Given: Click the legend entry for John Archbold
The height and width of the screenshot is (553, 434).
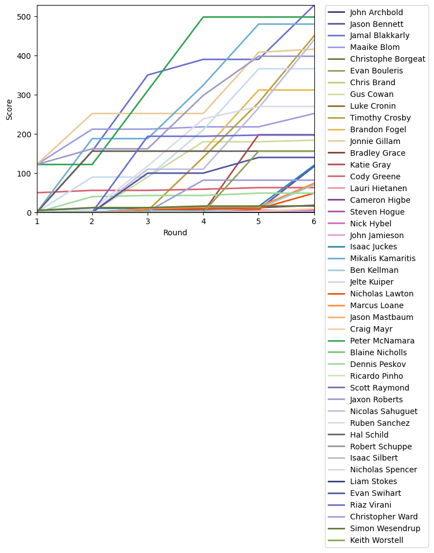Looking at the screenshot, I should (376, 12).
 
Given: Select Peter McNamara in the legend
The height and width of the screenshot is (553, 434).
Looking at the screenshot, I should (381, 341).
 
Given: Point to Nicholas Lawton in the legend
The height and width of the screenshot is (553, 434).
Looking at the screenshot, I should (381, 294).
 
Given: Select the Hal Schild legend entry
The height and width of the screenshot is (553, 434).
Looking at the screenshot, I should (370, 434).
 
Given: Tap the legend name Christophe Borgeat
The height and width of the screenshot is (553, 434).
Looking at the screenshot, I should (387, 59).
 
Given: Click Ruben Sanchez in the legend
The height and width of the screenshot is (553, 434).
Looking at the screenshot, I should (379, 423).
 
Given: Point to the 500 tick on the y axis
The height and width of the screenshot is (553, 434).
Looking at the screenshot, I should (26, 17).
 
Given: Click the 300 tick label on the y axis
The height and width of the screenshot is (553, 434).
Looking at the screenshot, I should (26, 95).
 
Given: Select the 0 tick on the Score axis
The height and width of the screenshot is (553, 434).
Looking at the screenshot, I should (30, 213).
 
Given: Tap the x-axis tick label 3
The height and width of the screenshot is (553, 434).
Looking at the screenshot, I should (148, 222).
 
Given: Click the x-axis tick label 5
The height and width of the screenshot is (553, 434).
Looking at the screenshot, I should (258, 222).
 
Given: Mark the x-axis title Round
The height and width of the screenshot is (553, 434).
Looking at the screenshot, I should (175, 233).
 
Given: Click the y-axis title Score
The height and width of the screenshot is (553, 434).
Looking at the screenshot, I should (9, 109).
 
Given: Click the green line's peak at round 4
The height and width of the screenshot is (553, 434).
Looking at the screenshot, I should (203, 17).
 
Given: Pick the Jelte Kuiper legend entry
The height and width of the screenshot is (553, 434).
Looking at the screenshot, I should (371, 282).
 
